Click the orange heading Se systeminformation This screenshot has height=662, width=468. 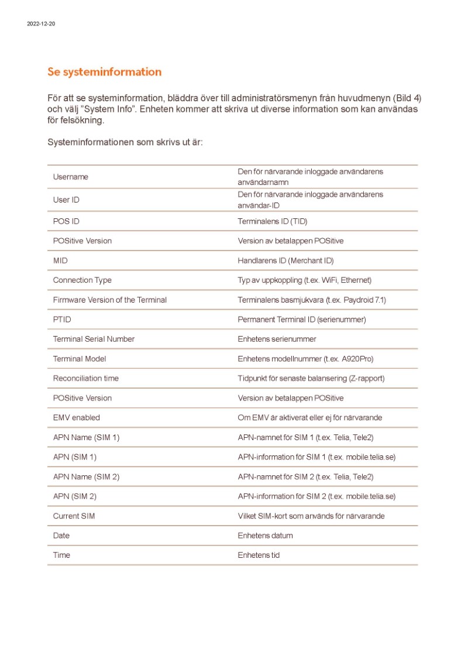(x=104, y=72)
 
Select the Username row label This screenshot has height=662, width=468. (x=70, y=177)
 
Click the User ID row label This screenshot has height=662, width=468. (x=66, y=200)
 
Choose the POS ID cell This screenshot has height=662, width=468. (x=66, y=221)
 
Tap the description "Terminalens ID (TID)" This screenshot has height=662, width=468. (x=272, y=221)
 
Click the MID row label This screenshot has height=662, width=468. (x=60, y=260)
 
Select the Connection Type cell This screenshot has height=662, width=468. (x=82, y=280)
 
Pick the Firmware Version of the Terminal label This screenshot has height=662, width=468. (x=109, y=300)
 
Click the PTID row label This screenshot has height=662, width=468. (x=62, y=320)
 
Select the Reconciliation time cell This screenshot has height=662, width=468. (x=85, y=378)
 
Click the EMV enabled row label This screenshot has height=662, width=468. (x=76, y=417)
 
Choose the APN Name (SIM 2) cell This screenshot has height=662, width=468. (x=86, y=476)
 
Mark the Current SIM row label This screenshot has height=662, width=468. (x=74, y=516)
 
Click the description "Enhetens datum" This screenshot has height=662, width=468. (x=265, y=536)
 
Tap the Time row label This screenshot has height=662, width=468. (x=61, y=555)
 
